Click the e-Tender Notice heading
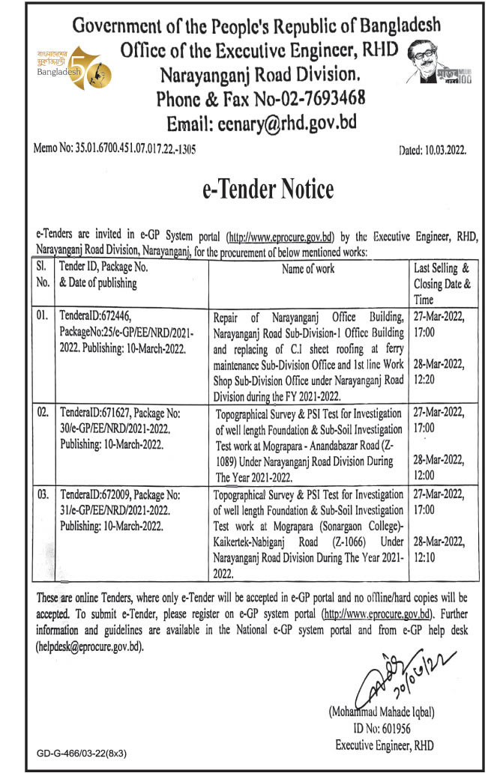[268, 190]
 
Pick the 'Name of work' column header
[309, 268]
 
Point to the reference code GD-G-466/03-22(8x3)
[82, 754]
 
